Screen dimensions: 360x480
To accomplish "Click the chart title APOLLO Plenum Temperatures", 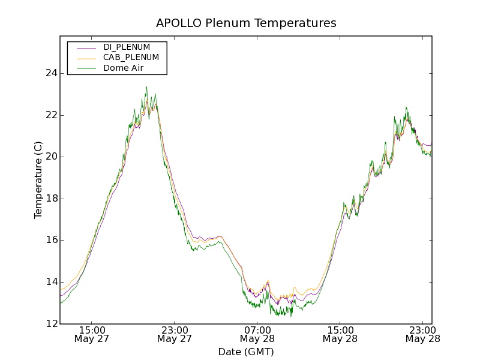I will (x=246, y=23).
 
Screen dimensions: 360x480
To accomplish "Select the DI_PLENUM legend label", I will (x=127, y=47).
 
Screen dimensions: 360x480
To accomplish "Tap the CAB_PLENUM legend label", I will (x=131, y=57).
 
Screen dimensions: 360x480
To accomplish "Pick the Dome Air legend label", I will (x=123, y=68).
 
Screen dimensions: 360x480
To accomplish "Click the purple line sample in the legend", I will (x=87, y=47).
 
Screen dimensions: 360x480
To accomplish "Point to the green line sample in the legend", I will (x=87, y=68).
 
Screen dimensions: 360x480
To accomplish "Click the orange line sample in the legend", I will (x=87, y=58).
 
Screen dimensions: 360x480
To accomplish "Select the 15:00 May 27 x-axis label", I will (x=92, y=334).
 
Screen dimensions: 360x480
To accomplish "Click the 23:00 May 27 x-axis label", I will (x=175, y=334).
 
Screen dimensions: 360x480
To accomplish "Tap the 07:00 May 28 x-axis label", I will (x=257, y=334).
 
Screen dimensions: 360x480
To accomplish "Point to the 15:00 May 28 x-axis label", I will (x=340, y=334).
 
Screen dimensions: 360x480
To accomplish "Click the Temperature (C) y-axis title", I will (x=38, y=180).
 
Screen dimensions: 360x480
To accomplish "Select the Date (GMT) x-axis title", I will (x=246, y=352).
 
